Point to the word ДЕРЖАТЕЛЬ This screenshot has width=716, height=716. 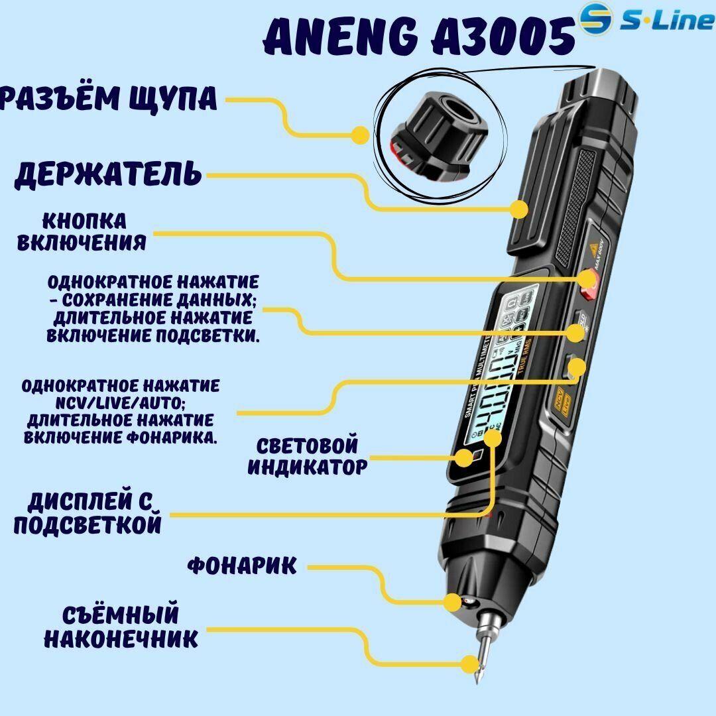108,174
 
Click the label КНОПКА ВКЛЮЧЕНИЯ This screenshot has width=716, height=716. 82,232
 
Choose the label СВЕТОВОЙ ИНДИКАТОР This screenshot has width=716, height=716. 307,456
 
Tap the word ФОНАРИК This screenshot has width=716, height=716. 242,566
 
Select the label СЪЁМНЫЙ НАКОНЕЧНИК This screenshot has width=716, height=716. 121,626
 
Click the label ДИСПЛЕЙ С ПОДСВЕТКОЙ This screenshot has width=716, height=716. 88,514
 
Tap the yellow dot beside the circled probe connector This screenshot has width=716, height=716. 359,135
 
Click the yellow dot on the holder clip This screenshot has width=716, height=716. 519,209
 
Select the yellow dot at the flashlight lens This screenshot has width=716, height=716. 452,602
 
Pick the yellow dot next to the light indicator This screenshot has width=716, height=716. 463,457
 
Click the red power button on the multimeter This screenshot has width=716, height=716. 587,281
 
